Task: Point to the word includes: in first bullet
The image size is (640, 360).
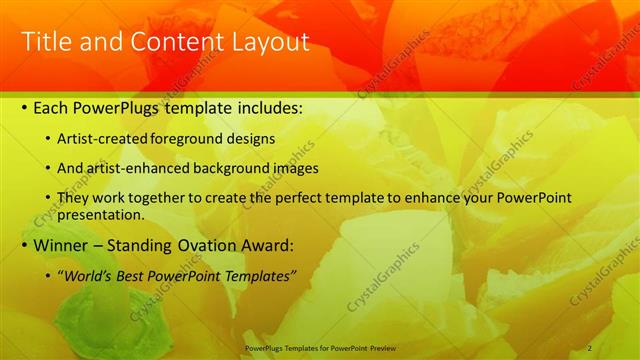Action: point(267,107)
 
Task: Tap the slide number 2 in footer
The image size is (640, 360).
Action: point(590,347)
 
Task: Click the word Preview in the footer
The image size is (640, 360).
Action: point(391,347)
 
